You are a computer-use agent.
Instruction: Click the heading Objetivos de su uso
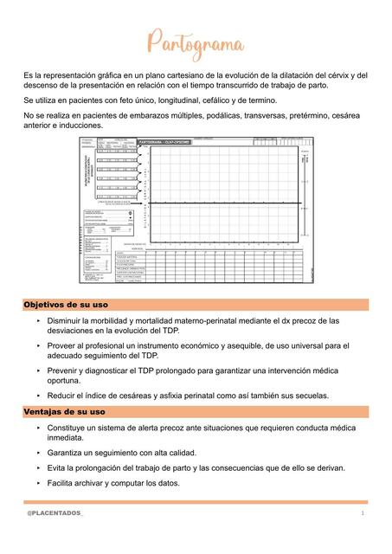click(66, 306)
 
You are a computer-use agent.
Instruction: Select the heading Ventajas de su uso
click(63, 411)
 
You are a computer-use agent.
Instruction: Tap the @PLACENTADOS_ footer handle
click(55, 514)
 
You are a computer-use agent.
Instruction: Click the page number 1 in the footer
click(363, 514)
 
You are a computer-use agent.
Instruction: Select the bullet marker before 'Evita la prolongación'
click(39, 468)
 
